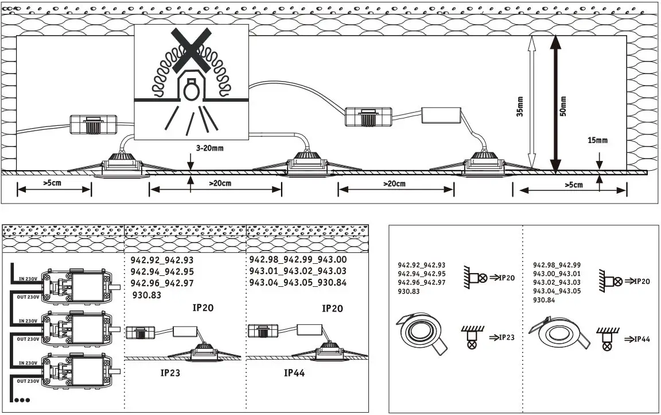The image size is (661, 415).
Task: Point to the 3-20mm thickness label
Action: coord(209,148)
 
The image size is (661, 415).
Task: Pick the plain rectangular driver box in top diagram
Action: coord(442,115)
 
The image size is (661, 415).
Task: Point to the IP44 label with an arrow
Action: coord(637,339)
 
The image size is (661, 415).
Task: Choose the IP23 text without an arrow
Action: coord(170,372)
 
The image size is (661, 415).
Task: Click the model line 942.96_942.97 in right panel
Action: coord(422,283)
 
